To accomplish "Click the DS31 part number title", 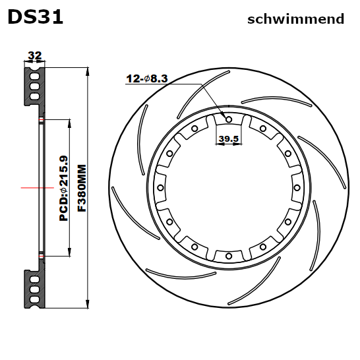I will click(36, 17).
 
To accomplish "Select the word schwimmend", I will click(295, 19).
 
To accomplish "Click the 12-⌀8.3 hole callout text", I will click(147, 78).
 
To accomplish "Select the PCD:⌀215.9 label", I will click(63, 188).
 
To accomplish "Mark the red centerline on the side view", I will click(36, 188).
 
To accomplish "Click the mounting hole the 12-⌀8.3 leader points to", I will click(228, 119).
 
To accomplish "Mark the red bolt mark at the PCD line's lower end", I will click(42, 256).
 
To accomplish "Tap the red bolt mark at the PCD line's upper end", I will click(42, 119).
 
